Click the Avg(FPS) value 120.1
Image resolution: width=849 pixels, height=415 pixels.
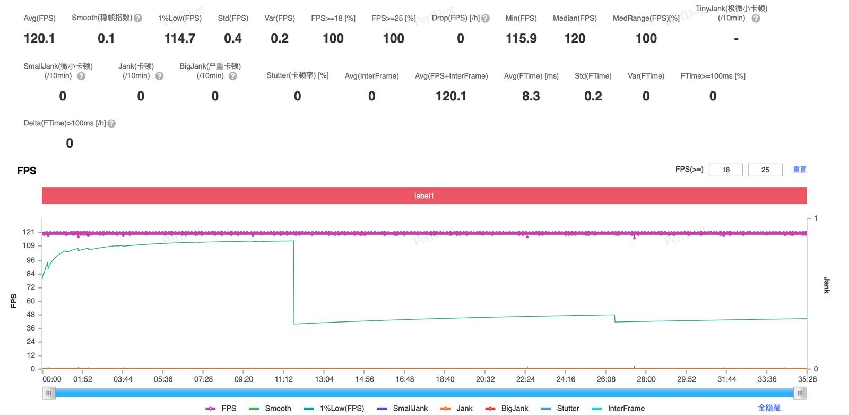(39, 38)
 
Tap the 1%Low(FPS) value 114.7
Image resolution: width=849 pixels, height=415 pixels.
(180, 38)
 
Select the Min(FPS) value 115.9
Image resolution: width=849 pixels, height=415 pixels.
(521, 38)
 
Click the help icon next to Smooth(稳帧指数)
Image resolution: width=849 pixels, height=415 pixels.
(138, 18)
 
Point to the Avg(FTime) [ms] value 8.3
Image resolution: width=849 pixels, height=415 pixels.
(531, 96)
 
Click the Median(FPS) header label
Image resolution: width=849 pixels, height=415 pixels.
(575, 18)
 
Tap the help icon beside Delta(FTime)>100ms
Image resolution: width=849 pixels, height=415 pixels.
(111, 123)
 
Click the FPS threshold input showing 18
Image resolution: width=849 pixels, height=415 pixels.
(725, 170)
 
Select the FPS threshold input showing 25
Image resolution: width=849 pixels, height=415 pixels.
(765, 170)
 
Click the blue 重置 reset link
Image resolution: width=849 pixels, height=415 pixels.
(800, 170)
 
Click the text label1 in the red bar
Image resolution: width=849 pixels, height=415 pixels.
(424, 196)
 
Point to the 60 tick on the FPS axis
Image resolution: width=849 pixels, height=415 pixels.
(31, 301)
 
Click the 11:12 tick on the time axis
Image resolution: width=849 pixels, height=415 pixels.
(284, 379)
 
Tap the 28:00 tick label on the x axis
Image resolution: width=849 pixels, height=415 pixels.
(646, 379)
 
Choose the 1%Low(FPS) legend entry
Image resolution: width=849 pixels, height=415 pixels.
(334, 408)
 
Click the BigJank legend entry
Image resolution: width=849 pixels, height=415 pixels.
(507, 408)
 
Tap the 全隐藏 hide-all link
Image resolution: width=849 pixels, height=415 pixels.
(769, 408)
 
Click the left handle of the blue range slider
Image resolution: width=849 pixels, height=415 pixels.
(49, 393)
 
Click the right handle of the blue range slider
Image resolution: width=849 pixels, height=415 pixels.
(800, 393)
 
